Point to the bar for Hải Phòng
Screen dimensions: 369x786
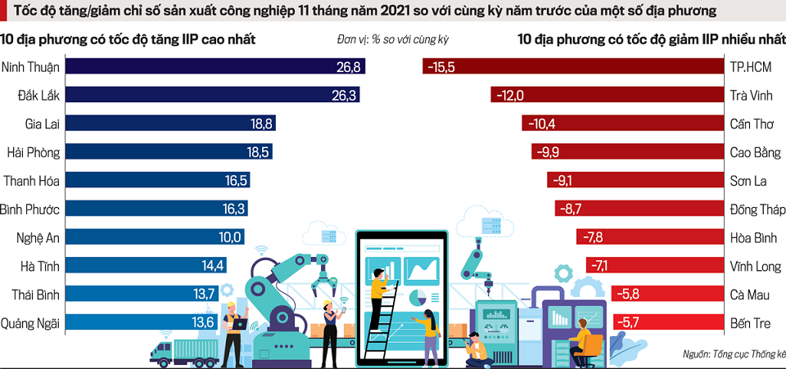click(168, 152)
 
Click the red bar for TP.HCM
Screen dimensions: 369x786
click(573, 66)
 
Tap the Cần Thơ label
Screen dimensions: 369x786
click(751, 124)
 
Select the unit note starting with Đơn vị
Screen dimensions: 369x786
click(393, 38)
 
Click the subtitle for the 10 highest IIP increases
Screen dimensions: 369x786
click(127, 38)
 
